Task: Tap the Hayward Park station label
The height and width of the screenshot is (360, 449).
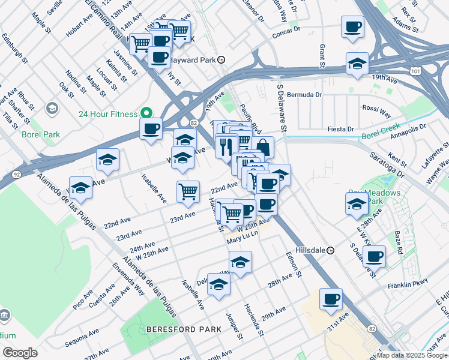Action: click(x=192, y=59)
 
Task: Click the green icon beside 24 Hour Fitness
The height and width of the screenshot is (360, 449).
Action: click(x=145, y=113)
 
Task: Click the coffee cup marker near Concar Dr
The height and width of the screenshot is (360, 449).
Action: click(x=352, y=27)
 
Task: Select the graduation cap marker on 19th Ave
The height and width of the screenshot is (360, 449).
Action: click(x=357, y=64)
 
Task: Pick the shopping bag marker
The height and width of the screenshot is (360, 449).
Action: click(x=263, y=146)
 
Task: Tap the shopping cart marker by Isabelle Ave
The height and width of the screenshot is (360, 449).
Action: click(x=188, y=191)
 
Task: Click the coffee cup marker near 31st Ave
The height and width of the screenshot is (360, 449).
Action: click(x=330, y=299)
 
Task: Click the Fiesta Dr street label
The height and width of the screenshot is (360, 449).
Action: click(x=343, y=128)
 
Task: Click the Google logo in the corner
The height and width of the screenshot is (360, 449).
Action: click(x=20, y=353)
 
